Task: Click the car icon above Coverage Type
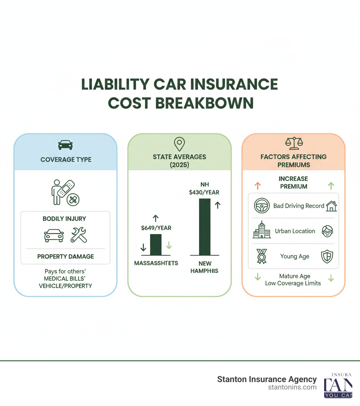point(65,145)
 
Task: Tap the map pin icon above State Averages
point(179,144)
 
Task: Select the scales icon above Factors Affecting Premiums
point(294,144)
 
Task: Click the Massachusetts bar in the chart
point(156,245)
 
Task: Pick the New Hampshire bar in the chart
point(205,227)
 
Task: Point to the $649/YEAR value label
point(156,228)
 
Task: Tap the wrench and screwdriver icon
point(79,235)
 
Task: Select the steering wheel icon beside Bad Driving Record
point(262,206)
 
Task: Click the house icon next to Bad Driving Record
point(331,206)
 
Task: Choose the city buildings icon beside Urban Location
point(262,231)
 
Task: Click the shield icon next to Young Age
point(327,256)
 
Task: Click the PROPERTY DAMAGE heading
point(66,256)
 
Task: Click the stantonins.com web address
point(292,387)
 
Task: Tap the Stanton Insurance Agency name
point(267,379)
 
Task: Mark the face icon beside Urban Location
point(327,231)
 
